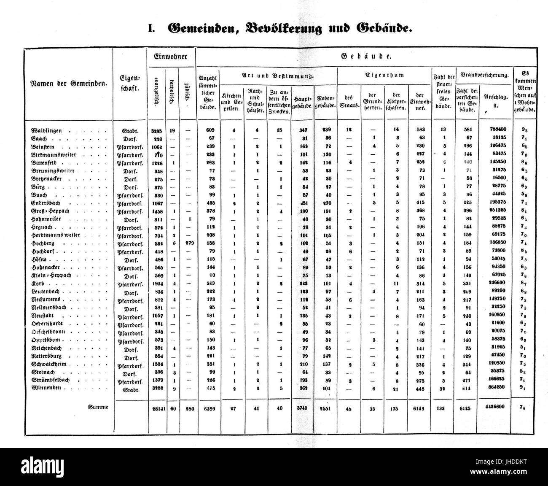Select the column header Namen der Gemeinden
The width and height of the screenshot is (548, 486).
click(x=69, y=83)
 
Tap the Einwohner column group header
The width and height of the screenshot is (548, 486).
click(x=171, y=57)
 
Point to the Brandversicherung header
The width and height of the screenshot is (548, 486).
click(x=484, y=75)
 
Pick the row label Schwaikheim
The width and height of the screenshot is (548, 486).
click(x=49, y=364)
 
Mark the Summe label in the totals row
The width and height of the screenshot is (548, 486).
click(x=98, y=407)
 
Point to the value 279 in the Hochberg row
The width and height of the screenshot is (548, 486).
click(x=187, y=243)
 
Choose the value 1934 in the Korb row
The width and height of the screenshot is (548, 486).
click(x=156, y=283)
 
